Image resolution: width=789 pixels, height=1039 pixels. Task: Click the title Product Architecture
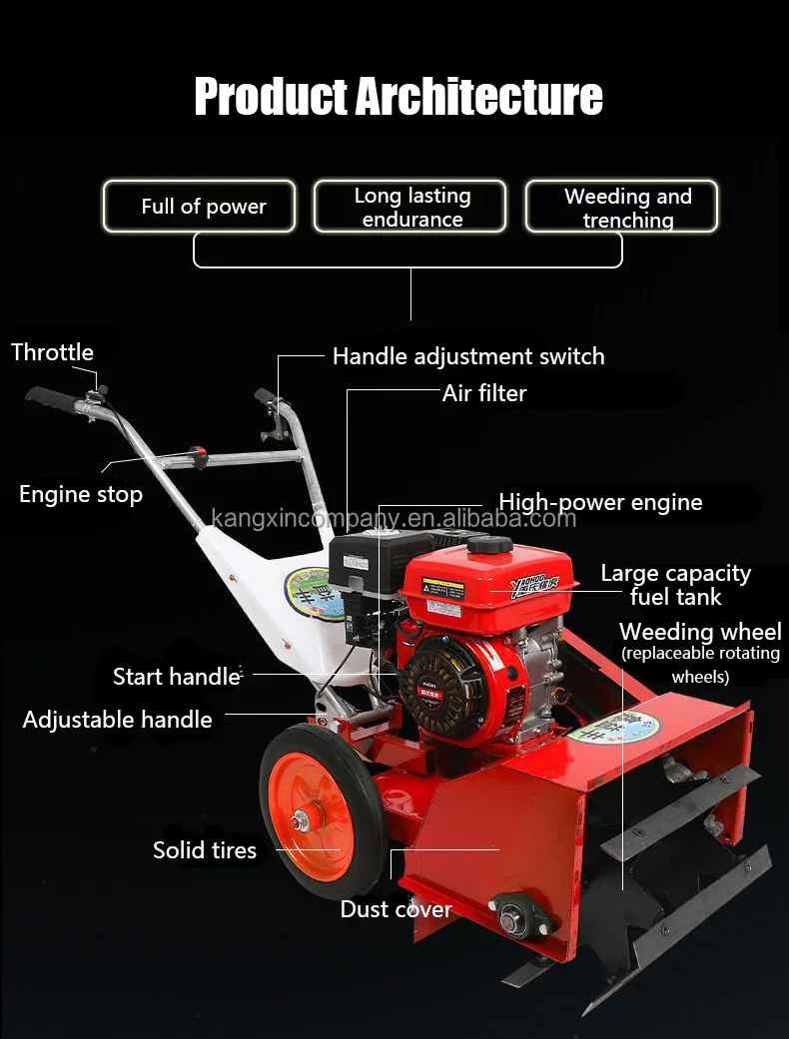(397, 97)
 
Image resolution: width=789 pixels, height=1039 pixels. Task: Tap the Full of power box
(200, 207)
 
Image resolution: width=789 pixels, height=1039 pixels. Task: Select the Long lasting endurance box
(410, 207)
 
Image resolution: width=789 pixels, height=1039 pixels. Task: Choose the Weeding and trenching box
(622, 207)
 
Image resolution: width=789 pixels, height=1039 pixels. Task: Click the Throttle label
(52, 352)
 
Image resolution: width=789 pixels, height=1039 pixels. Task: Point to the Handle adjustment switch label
(467, 356)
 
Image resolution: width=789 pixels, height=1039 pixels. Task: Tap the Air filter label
(483, 393)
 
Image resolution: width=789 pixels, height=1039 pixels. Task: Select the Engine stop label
(81, 494)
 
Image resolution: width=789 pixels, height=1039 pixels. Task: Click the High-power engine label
(600, 502)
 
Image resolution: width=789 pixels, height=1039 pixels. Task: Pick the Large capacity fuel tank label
(675, 585)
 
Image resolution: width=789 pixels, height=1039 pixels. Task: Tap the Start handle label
(176, 676)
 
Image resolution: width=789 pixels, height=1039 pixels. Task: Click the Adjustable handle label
(118, 720)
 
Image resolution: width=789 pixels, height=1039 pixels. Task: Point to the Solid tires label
(205, 850)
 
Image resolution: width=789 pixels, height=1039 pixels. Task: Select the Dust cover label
(395, 909)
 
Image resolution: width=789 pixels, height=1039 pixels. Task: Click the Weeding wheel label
(700, 632)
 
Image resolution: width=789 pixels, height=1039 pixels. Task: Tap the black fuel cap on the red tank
(489, 545)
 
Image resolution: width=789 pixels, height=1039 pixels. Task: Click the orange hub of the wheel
(313, 817)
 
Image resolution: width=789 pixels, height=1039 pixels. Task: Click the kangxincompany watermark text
(394, 519)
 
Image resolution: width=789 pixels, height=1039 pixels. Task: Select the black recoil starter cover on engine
(447, 688)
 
